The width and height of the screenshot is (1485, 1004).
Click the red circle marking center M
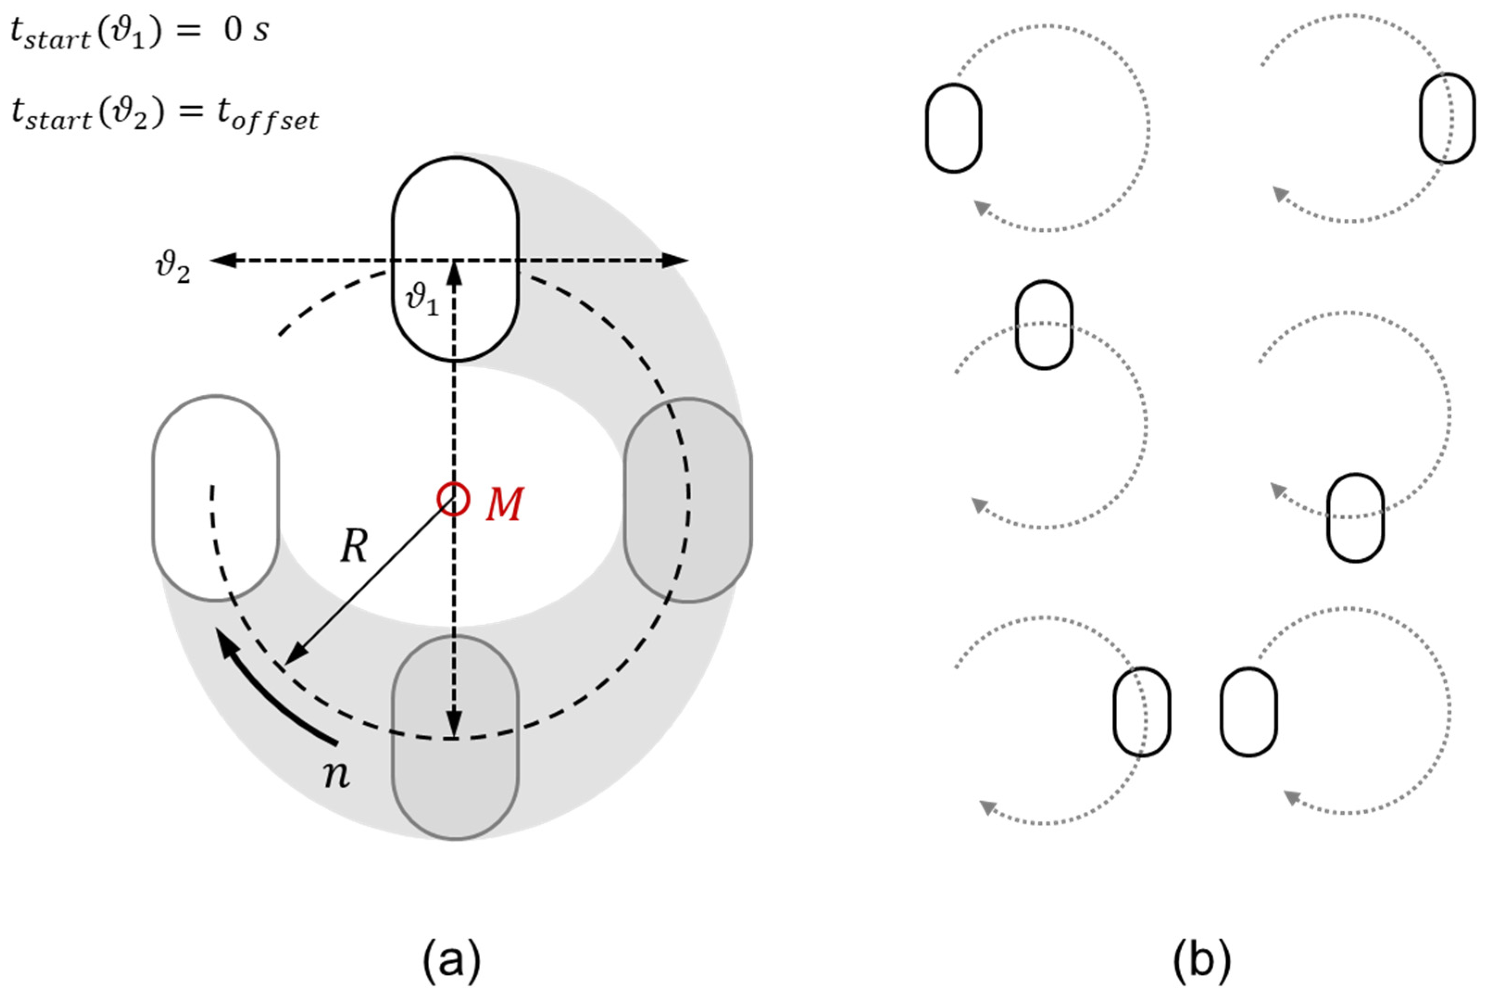coord(453,498)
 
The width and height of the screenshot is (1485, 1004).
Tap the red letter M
coord(505,504)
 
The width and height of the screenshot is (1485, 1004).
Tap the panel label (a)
coord(451,959)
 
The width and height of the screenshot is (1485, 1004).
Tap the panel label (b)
coord(1201,959)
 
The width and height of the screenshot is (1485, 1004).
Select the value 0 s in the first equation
coord(246,31)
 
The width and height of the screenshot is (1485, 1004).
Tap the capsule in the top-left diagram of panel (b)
coord(954,128)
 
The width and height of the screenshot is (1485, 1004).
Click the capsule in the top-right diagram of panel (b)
coord(1448,118)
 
